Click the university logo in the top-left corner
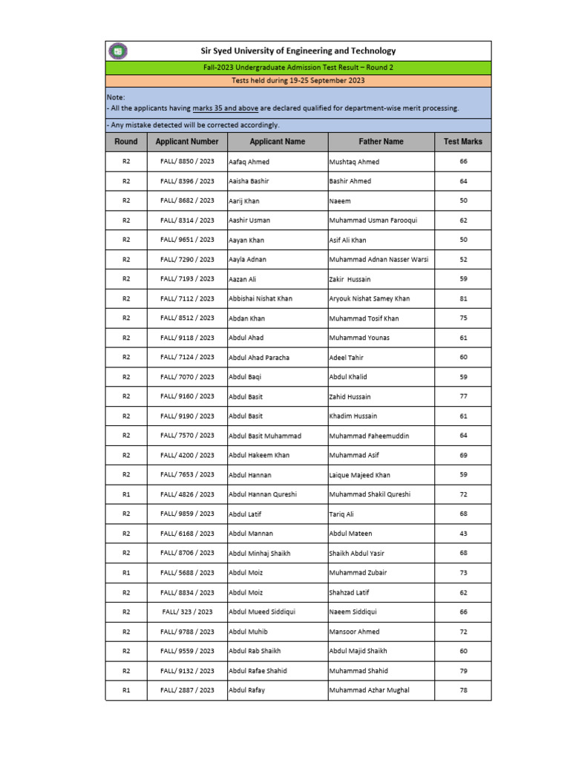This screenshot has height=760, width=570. tap(118, 51)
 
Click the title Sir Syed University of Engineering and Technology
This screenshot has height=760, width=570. tap(298, 51)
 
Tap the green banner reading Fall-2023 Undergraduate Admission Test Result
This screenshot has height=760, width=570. tap(298, 68)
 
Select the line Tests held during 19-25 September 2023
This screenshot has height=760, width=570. tap(298, 81)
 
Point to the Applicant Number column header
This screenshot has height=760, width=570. tap(187, 142)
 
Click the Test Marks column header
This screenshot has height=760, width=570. tap(462, 142)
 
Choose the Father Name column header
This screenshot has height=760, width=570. tap(381, 142)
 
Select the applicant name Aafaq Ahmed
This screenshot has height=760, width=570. tap(249, 162)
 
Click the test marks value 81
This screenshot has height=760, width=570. tap(463, 299)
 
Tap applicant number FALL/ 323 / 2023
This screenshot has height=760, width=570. tap(187, 612)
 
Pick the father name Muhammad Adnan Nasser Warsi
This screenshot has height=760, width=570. tap(379, 260)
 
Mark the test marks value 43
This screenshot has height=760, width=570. tap(463, 534)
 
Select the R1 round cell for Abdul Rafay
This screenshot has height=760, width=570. tap(126, 690)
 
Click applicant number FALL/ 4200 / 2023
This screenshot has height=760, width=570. tap(187, 456)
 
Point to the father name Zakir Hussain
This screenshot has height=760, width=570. tap(350, 280)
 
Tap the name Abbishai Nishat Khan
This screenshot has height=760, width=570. tap(261, 299)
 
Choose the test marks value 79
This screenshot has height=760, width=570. tap(463, 671)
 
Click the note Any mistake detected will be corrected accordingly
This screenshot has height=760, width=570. tap(193, 125)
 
